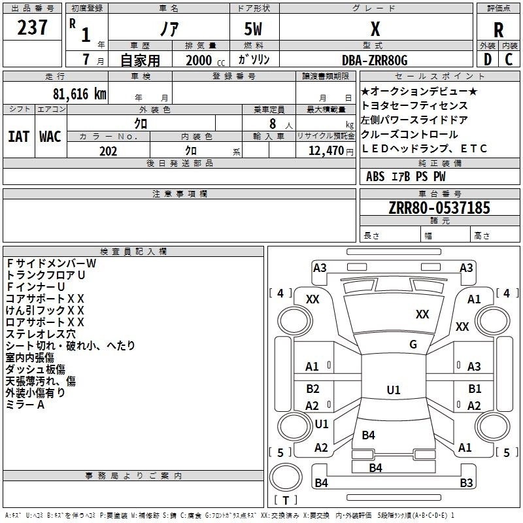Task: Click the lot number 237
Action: (x=32, y=27)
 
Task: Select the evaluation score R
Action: (x=498, y=30)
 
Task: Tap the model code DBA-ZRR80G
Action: (x=375, y=60)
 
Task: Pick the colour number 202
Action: (x=108, y=151)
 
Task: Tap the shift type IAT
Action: (x=19, y=136)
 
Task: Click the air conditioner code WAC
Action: (x=50, y=136)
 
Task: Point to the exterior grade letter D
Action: (x=487, y=60)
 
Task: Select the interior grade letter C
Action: (x=509, y=60)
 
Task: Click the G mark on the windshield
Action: (x=413, y=345)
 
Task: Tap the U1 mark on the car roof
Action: (x=394, y=390)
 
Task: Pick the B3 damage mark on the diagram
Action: (x=466, y=483)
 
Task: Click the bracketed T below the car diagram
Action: (x=286, y=501)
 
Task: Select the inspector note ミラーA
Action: (x=25, y=405)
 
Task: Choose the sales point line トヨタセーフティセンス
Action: (x=414, y=105)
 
